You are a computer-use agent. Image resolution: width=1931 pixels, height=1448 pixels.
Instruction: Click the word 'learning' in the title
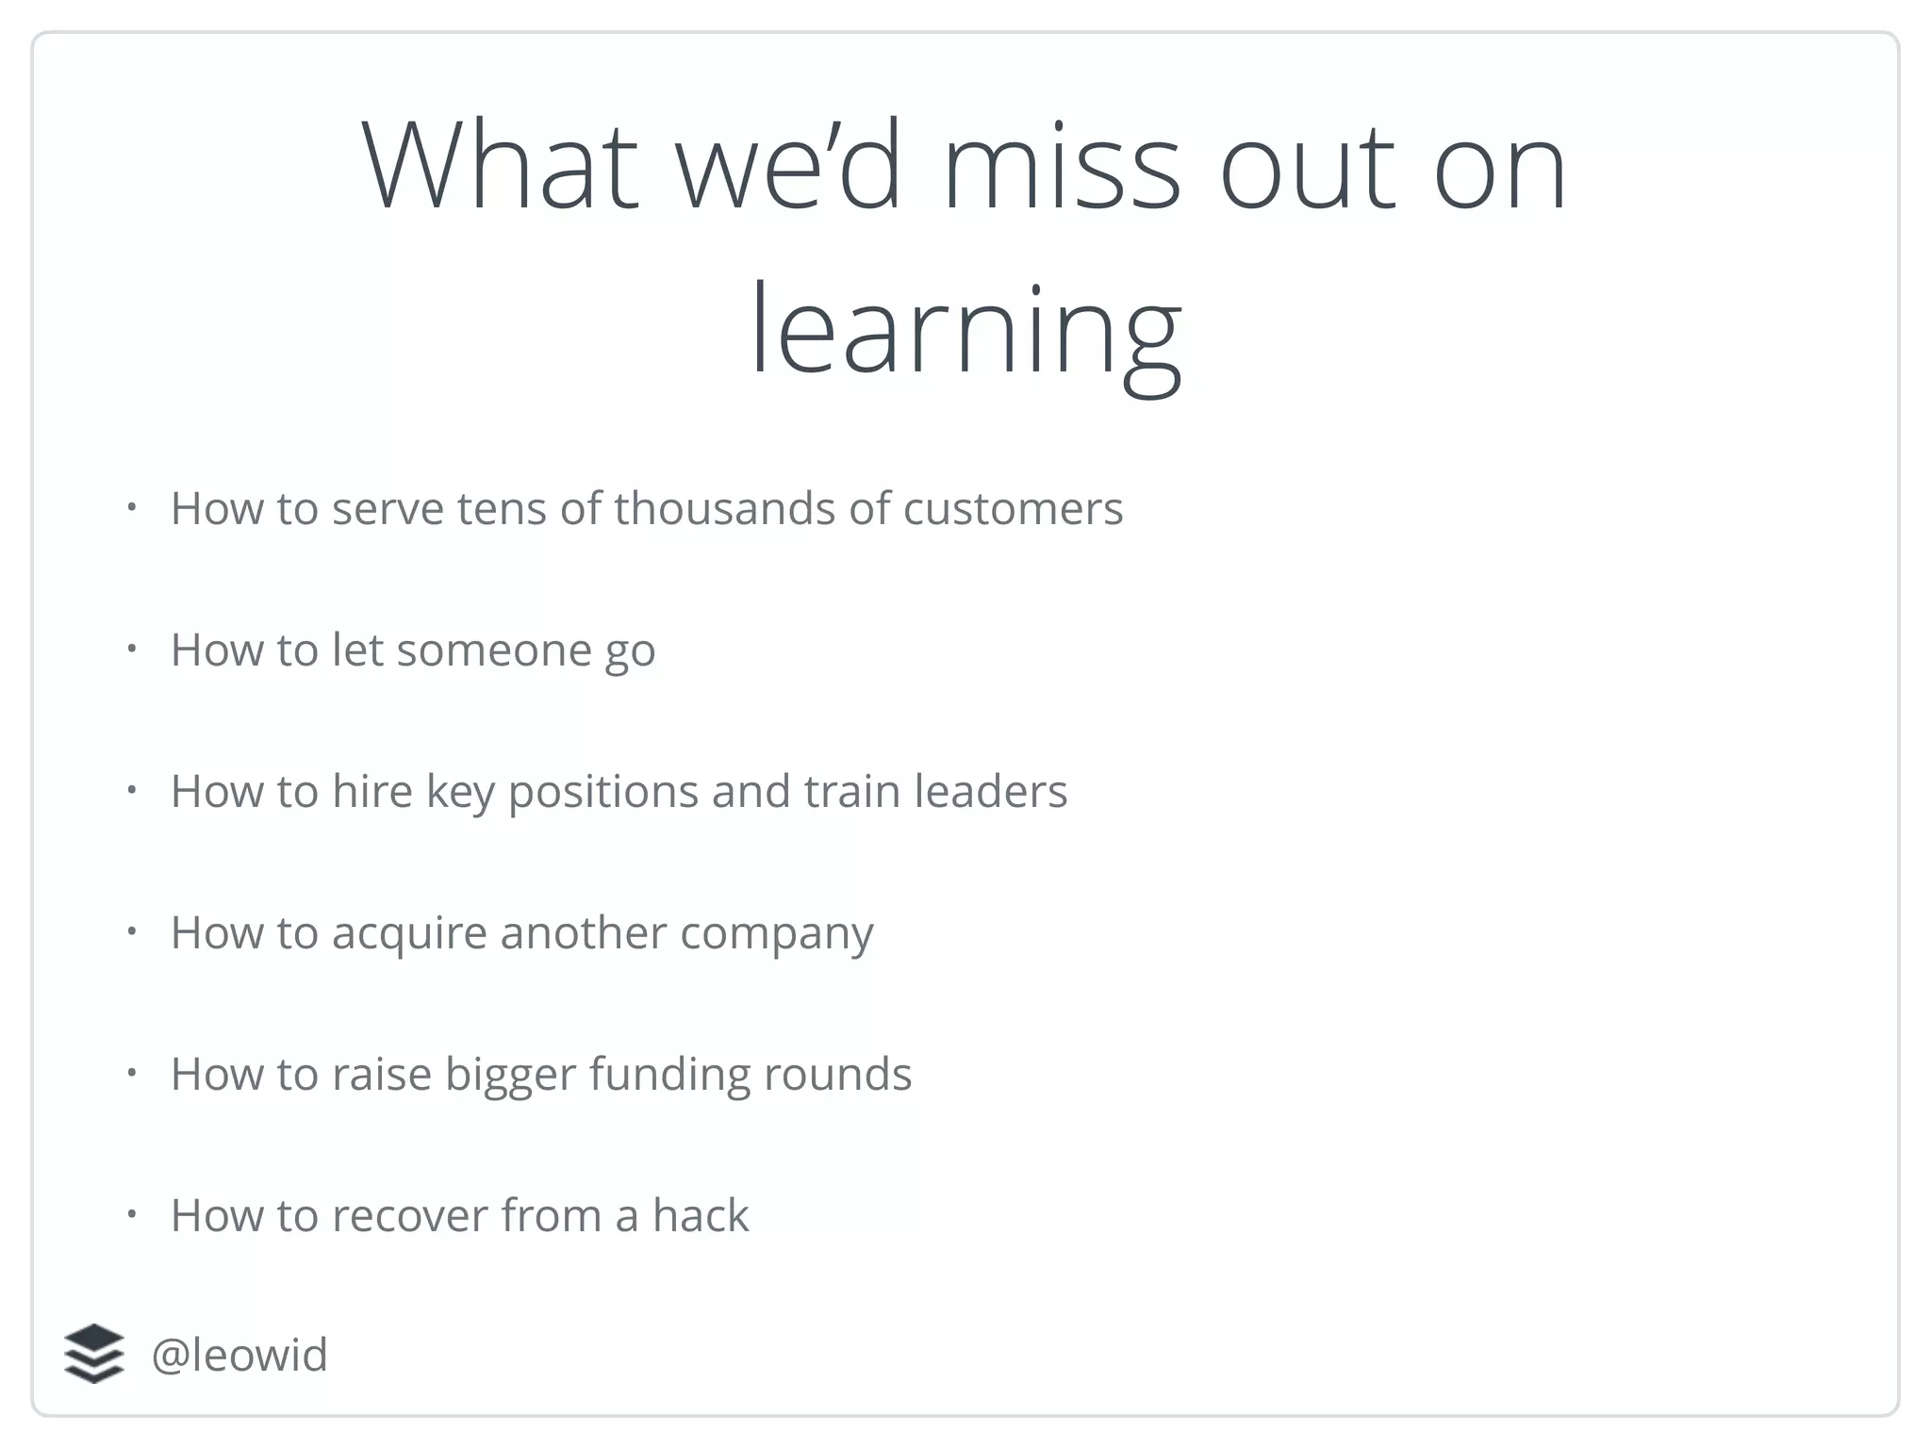click(x=965, y=332)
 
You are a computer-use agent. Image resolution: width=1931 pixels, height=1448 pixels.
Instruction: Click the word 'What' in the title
click(x=501, y=168)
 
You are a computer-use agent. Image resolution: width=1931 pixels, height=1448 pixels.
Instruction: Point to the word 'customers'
click(x=1013, y=509)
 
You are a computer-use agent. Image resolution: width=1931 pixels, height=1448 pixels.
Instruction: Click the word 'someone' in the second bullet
click(x=493, y=650)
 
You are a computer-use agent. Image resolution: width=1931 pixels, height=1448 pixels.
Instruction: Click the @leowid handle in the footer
click(x=239, y=1355)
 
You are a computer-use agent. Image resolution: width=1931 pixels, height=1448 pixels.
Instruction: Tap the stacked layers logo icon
click(x=94, y=1354)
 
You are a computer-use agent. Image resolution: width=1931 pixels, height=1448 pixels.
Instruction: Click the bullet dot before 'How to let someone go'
click(x=132, y=649)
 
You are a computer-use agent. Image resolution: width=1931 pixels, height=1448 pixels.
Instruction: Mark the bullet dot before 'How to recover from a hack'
click(x=132, y=1214)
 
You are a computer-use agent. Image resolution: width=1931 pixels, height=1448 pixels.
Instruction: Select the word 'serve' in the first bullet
click(x=388, y=509)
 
